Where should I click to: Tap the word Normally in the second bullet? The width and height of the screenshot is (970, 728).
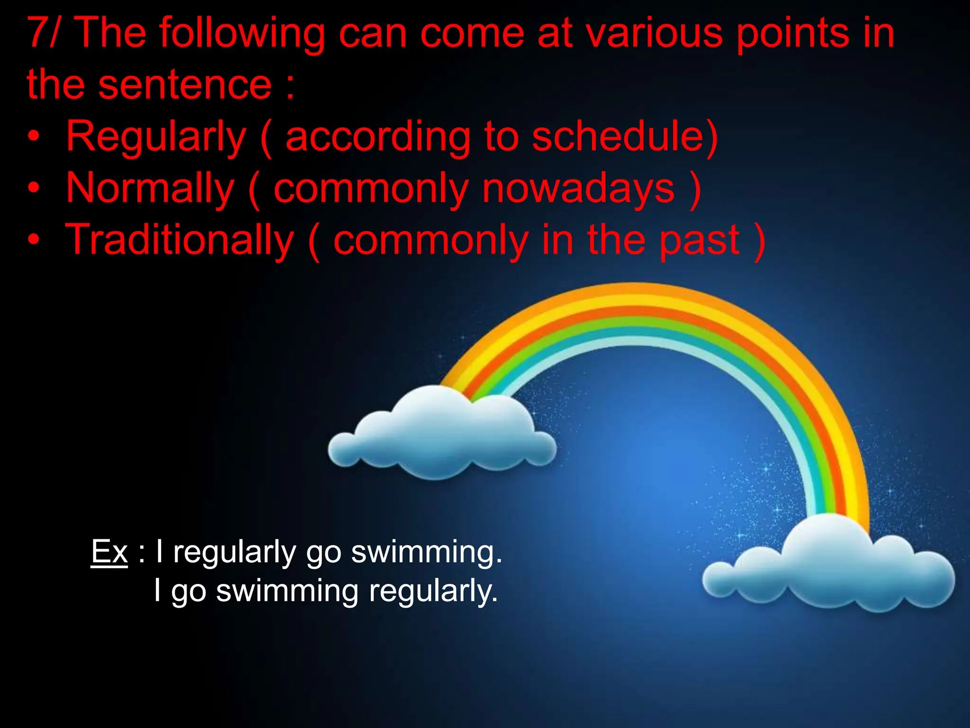[x=150, y=188]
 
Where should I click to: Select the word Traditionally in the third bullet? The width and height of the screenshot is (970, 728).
[x=180, y=240]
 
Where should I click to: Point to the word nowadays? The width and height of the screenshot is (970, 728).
[x=578, y=188]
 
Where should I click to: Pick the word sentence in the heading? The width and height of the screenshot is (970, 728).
[x=185, y=85]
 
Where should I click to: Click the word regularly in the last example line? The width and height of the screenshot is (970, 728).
[x=433, y=591]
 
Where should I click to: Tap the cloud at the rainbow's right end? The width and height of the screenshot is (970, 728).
[x=829, y=564]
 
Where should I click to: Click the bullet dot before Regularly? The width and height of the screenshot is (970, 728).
[x=34, y=137]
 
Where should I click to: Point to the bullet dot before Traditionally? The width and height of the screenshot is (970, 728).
[x=34, y=240]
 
